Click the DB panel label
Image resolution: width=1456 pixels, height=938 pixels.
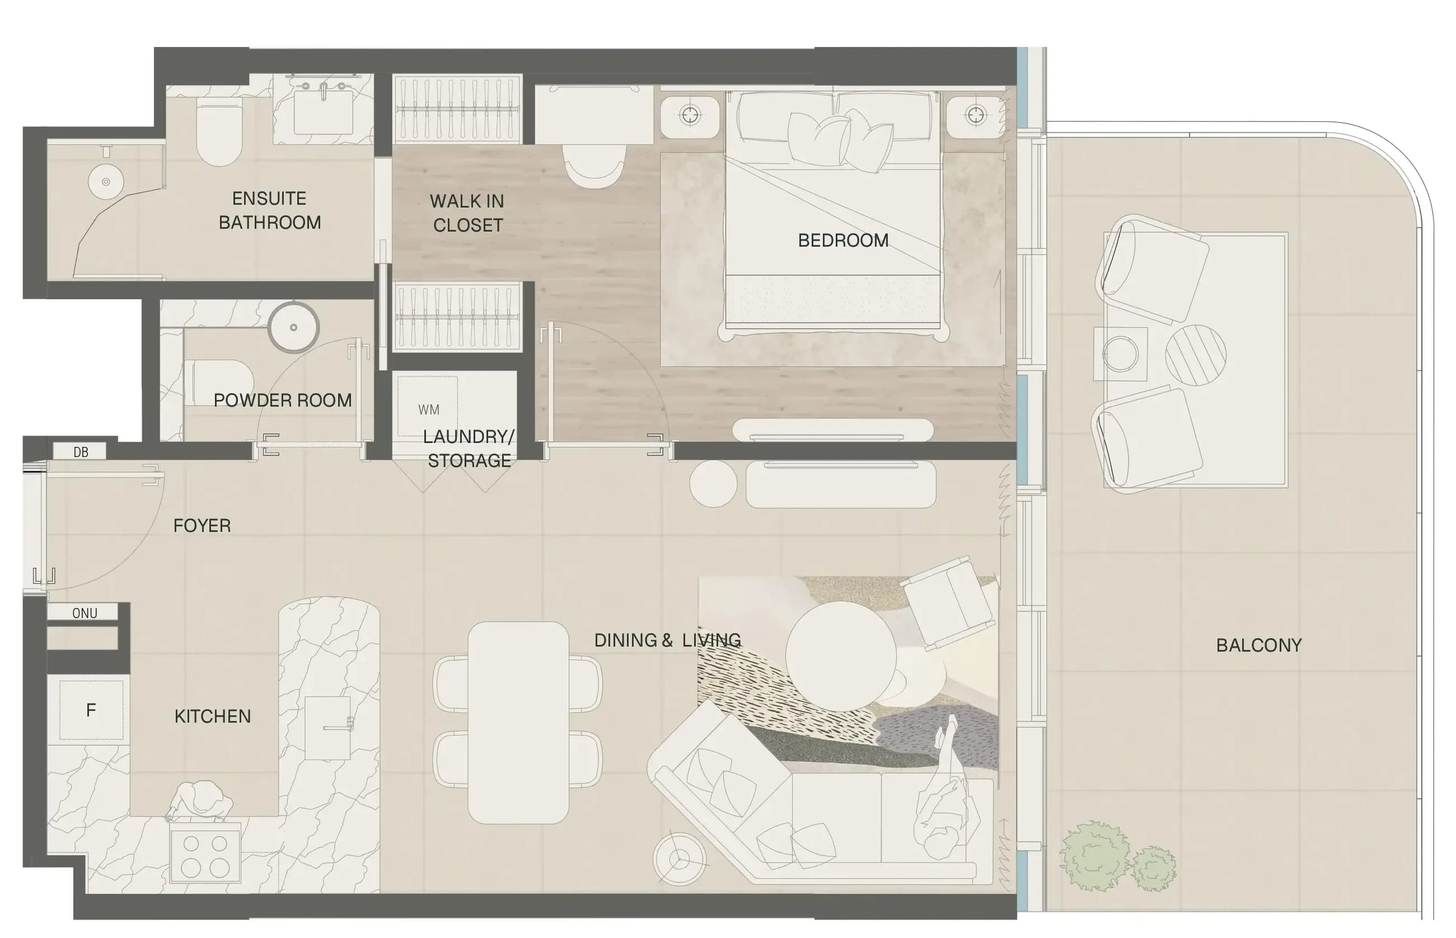click(81, 452)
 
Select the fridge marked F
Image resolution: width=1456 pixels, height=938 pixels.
click(91, 710)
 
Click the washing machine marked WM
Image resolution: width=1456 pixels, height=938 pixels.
click(427, 406)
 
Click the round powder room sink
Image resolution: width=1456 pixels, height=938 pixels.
click(293, 327)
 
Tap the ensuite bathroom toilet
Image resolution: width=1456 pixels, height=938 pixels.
click(219, 133)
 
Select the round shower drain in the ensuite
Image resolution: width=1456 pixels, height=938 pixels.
click(106, 182)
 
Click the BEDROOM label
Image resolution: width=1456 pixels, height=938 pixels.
click(843, 241)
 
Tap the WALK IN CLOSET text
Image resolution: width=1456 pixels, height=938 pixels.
click(467, 213)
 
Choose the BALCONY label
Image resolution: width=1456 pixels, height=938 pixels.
click(1258, 645)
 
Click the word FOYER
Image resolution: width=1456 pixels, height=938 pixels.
click(202, 526)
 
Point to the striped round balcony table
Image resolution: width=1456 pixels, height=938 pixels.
click(1195, 355)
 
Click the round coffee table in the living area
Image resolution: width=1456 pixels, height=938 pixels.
click(840, 656)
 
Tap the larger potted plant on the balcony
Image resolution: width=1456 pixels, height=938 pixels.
click(1094, 856)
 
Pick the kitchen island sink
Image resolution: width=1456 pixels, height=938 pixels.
click(328, 728)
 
